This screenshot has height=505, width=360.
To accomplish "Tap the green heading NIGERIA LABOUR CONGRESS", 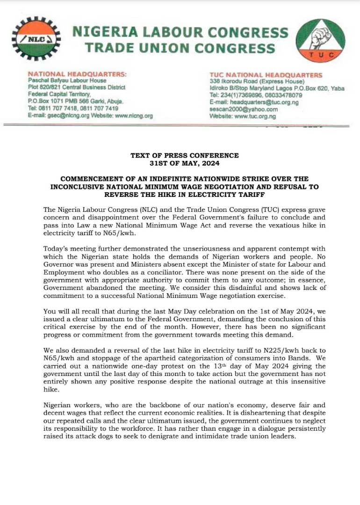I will tap(180, 32).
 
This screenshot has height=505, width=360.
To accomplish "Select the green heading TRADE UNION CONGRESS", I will tap(180, 48).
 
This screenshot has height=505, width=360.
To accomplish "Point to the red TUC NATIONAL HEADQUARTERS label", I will tap(266, 75).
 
